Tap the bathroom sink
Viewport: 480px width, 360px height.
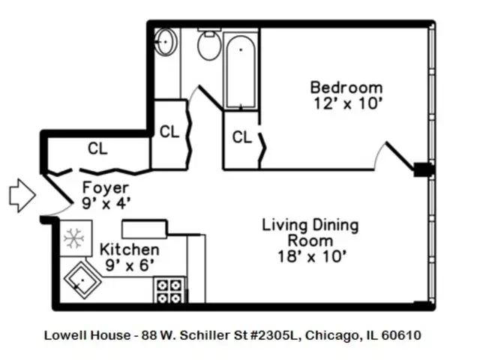click(166, 41)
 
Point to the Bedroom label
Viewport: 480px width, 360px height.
click(346, 88)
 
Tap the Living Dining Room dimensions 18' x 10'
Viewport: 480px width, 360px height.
click(310, 256)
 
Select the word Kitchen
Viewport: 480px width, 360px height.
click(130, 249)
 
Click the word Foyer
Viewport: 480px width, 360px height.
click(105, 187)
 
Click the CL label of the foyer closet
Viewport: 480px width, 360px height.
click(97, 148)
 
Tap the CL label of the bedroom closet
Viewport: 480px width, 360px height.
click(241, 137)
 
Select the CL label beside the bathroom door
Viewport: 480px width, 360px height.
click(169, 132)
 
